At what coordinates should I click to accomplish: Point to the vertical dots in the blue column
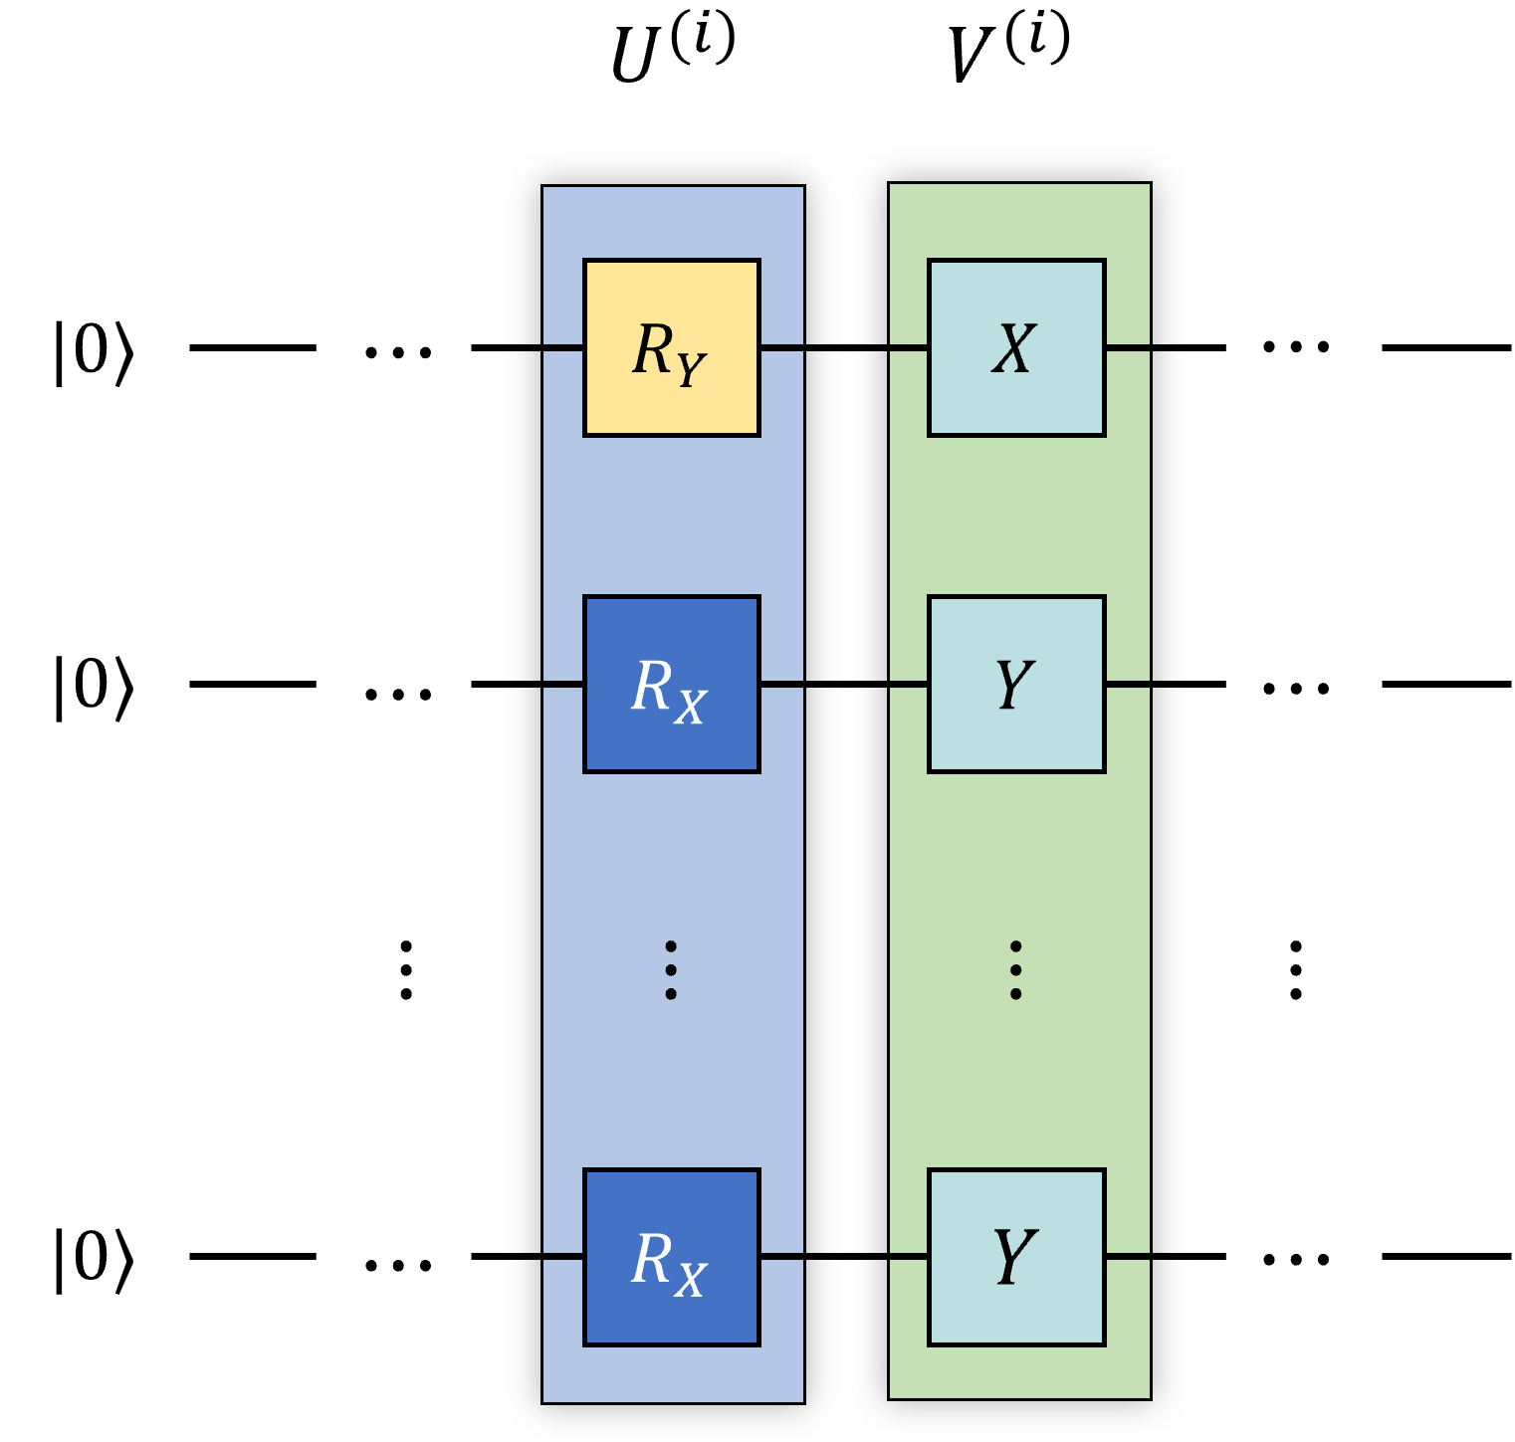tap(671, 969)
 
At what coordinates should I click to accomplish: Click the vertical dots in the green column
tap(1015, 969)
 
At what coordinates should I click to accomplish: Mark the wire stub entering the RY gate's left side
tap(563, 347)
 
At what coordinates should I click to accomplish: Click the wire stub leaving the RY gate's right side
tap(781, 347)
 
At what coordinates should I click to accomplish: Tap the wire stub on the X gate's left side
tap(909, 347)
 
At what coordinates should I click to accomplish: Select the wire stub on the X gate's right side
tap(1128, 347)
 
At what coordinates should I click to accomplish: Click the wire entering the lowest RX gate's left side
tap(563, 1257)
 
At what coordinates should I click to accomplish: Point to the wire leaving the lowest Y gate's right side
tap(1128, 1257)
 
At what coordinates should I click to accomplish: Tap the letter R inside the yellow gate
tap(653, 349)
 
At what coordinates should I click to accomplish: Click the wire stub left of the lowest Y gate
tap(909, 1257)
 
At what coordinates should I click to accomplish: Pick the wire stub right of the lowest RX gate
tap(781, 1257)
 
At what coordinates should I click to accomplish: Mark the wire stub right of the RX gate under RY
tap(781, 684)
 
